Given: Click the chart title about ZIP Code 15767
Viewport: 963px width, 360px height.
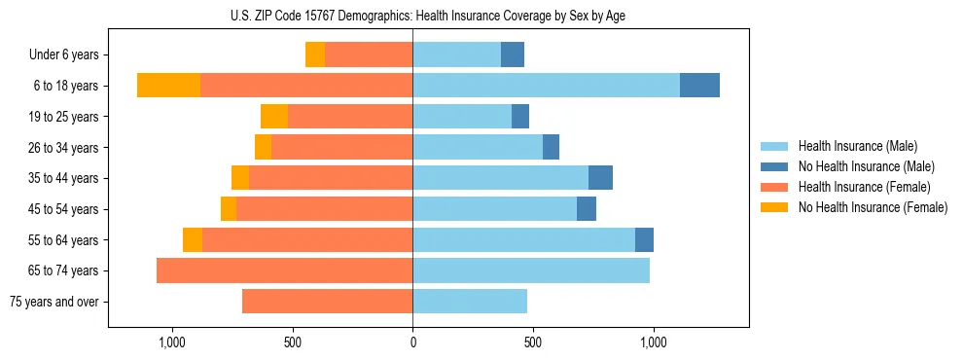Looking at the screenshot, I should coord(428,15).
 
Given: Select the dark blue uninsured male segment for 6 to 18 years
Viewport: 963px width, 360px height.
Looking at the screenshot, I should coord(699,86).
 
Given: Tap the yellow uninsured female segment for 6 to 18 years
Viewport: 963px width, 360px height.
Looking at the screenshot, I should coord(168,86).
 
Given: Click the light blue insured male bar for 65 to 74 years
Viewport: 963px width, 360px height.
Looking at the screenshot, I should coord(531,270).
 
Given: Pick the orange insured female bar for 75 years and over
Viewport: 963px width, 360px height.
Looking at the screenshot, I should coord(327,302).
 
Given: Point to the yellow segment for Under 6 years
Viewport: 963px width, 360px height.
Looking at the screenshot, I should coord(315,54).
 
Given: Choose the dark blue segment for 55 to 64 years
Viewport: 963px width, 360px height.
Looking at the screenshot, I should coord(644,239).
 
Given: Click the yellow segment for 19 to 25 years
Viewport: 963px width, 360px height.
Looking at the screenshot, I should coord(274,117).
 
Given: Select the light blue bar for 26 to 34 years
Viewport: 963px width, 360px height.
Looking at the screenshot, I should coord(478,147).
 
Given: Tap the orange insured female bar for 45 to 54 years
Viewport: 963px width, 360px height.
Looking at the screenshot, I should coord(324,209).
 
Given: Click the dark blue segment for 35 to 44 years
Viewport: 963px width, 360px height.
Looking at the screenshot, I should coord(600,178).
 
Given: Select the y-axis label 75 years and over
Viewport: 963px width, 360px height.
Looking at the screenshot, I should coord(53,302).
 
